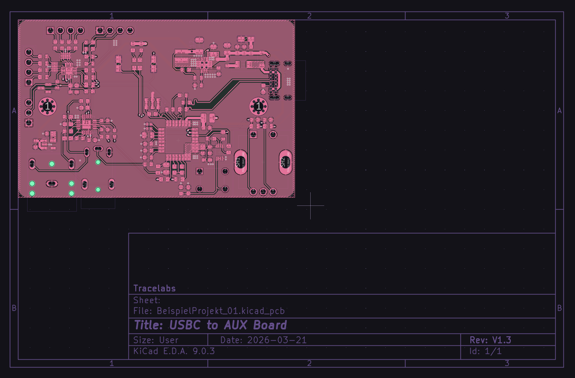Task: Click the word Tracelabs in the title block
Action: (x=155, y=288)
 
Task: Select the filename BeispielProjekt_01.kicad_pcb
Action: (x=221, y=311)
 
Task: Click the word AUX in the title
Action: (x=236, y=325)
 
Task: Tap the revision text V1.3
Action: (x=502, y=340)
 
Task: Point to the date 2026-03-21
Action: (x=277, y=340)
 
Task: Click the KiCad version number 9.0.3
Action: (x=204, y=351)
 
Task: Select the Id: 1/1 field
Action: (x=485, y=351)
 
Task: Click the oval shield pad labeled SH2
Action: (x=285, y=162)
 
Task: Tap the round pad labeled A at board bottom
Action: (x=253, y=192)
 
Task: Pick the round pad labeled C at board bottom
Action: (x=263, y=192)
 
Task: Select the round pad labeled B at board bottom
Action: (x=273, y=192)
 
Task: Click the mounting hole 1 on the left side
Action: (x=47, y=106)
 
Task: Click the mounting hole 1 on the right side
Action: (x=258, y=106)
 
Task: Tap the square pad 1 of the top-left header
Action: (x=50, y=31)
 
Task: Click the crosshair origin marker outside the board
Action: (x=310, y=205)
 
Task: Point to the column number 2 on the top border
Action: (x=309, y=16)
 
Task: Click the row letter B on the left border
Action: (x=14, y=308)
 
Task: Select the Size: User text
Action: (x=156, y=340)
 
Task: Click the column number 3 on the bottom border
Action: (x=507, y=363)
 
